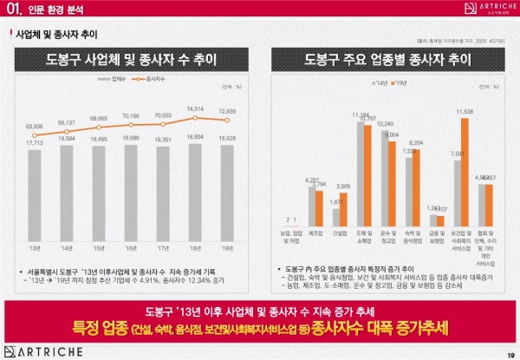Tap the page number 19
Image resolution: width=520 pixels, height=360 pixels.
[x=508, y=353]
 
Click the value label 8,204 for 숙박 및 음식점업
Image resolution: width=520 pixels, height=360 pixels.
[x=416, y=143]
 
